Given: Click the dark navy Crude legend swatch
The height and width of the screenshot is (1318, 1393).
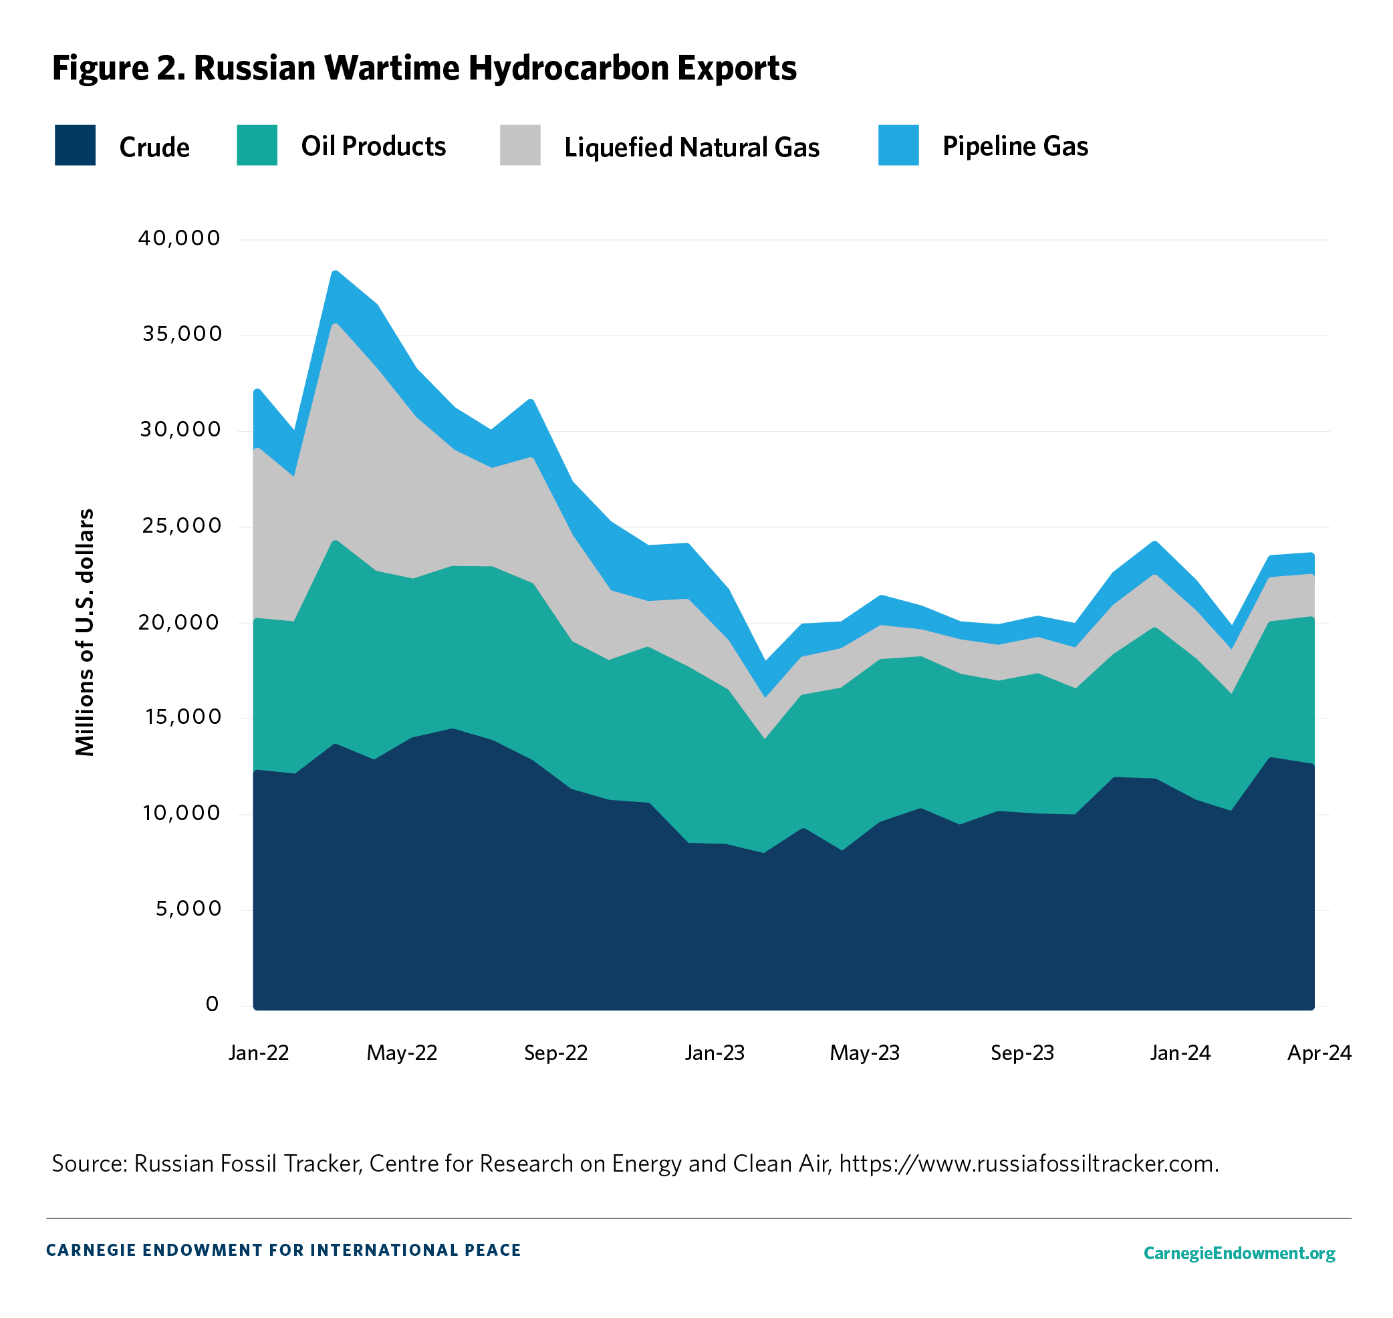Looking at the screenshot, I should click(75, 146).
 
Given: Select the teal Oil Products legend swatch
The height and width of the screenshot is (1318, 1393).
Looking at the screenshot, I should click(257, 146).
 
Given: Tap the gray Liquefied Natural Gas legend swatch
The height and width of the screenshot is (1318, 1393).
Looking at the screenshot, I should click(520, 146).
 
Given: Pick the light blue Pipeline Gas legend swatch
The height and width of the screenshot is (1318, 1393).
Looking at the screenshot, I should click(898, 146).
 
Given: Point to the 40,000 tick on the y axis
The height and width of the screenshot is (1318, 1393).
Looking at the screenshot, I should click(179, 239).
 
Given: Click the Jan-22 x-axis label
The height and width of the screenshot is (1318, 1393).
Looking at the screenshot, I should click(259, 1053).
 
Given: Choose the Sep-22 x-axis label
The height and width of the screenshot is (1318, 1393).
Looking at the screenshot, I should click(555, 1053).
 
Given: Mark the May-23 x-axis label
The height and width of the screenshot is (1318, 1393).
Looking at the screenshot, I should click(864, 1053).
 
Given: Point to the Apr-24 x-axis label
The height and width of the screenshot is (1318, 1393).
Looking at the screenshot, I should click(1319, 1053).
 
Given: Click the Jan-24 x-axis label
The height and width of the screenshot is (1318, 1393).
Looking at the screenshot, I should click(1180, 1053).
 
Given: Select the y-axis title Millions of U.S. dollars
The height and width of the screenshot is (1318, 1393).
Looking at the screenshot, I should click(85, 632).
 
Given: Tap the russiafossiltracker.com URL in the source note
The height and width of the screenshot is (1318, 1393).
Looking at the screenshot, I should click(1029, 1164).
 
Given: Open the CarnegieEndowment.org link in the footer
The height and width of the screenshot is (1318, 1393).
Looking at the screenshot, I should click(1239, 1253).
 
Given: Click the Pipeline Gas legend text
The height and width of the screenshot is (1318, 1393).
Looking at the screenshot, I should click(1015, 146).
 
